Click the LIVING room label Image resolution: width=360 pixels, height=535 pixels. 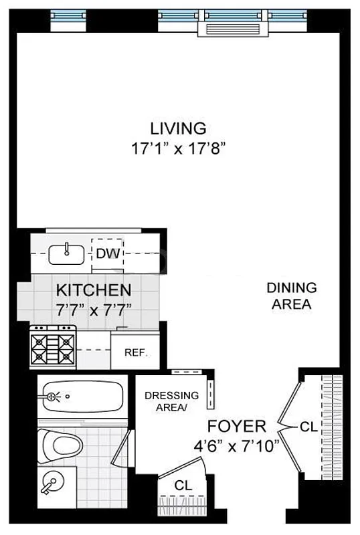[x=177, y=128]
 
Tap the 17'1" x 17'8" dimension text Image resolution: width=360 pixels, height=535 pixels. [x=177, y=148]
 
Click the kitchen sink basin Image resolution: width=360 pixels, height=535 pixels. [x=67, y=253]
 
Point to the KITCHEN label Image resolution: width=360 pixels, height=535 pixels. [x=93, y=290]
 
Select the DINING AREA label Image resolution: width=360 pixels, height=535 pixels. [x=291, y=296]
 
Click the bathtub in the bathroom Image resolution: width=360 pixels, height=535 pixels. [x=81, y=397]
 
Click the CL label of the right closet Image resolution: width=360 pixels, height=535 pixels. [x=308, y=426]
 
